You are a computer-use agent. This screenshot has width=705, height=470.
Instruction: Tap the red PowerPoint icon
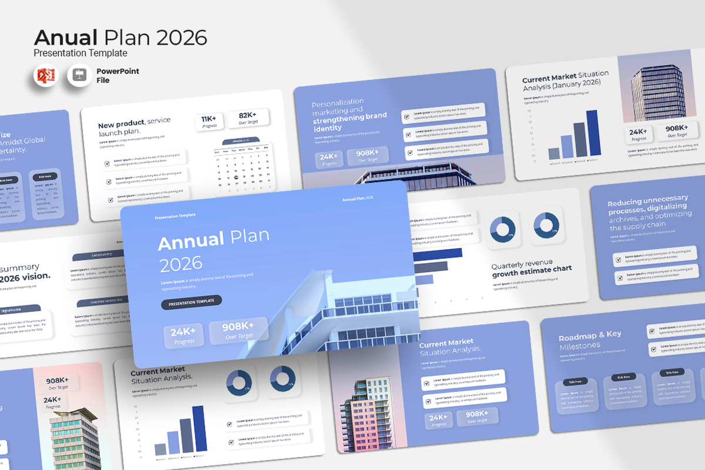pos(46,76)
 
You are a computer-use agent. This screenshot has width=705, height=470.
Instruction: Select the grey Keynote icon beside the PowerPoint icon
pos(79,76)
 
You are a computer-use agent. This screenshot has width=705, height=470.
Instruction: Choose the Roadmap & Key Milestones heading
pos(590,340)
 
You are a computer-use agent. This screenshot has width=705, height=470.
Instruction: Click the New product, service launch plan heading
pos(135,126)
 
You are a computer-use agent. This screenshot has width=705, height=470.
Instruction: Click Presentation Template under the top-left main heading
pos(80,53)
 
